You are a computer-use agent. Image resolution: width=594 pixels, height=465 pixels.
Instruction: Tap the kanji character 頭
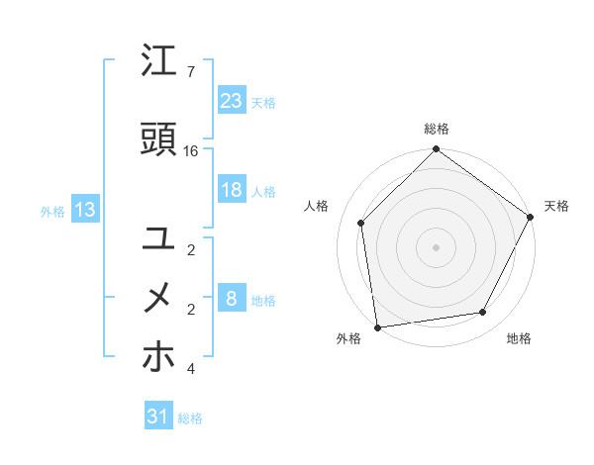click(159, 140)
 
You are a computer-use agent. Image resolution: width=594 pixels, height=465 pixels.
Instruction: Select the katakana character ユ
click(159, 237)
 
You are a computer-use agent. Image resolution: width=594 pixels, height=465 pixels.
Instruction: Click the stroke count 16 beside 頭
click(191, 151)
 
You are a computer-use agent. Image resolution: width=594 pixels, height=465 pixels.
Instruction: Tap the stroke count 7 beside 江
click(191, 72)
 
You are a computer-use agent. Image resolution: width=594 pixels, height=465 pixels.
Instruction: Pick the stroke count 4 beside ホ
click(191, 369)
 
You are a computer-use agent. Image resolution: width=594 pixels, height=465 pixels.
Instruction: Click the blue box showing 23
click(232, 101)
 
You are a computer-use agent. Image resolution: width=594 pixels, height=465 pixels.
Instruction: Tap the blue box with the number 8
click(232, 299)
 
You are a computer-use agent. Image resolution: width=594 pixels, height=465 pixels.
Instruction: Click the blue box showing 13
click(85, 209)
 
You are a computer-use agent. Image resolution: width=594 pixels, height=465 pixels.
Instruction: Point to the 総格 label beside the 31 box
click(191, 418)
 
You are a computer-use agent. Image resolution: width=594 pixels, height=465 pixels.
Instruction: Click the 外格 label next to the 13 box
click(51, 211)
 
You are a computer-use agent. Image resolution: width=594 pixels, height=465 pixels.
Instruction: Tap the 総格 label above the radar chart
click(437, 129)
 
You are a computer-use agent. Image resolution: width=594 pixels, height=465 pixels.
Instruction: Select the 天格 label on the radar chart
click(556, 206)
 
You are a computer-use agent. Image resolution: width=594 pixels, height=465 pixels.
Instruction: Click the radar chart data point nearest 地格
click(483, 313)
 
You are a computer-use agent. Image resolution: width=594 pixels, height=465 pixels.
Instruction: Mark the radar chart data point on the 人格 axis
click(361, 223)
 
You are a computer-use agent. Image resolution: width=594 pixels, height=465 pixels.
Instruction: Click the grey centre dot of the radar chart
click(437, 246)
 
